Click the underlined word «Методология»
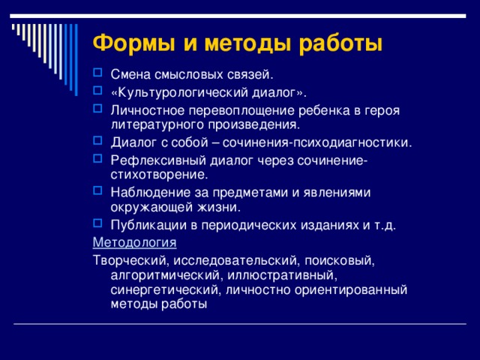(x=134, y=242)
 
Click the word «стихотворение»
(x=158, y=175)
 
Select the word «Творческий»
(x=129, y=259)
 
